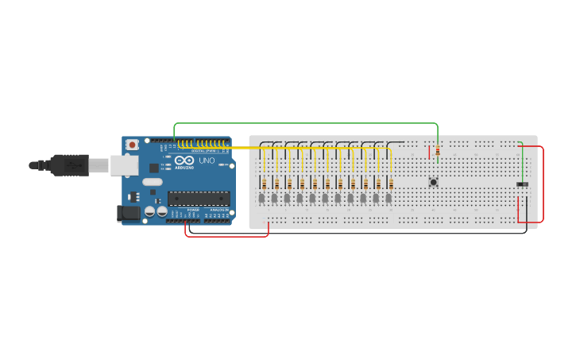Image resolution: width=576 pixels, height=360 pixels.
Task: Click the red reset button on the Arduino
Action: pyautogui.click(x=132, y=145)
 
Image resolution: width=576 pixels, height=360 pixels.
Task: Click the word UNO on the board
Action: pyautogui.click(x=206, y=161)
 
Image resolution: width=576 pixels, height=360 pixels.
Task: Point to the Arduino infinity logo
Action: pyautogui.click(x=185, y=161)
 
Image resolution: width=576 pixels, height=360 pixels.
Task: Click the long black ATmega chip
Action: pyautogui.click(x=198, y=198)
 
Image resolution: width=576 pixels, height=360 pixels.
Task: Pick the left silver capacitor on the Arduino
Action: pyautogui.click(x=150, y=212)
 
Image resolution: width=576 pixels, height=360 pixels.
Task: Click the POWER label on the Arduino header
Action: pyautogui.click(x=194, y=220)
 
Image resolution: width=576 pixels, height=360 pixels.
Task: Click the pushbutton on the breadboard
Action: pyautogui.click(x=433, y=182)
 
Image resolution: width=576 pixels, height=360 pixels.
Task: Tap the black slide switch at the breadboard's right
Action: pyautogui.click(x=522, y=185)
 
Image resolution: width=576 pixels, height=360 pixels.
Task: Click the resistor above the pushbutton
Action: pyautogui.click(x=437, y=151)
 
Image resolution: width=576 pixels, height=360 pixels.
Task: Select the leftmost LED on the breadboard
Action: pyautogui.click(x=261, y=197)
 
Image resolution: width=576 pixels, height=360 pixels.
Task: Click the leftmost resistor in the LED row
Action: pyautogui.click(x=264, y=184)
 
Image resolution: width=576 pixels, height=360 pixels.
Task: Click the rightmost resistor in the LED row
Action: pyautogui.click(x=391, y=184)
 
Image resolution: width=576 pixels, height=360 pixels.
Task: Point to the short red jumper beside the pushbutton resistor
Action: pyautogui.click(x=430, y=152)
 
